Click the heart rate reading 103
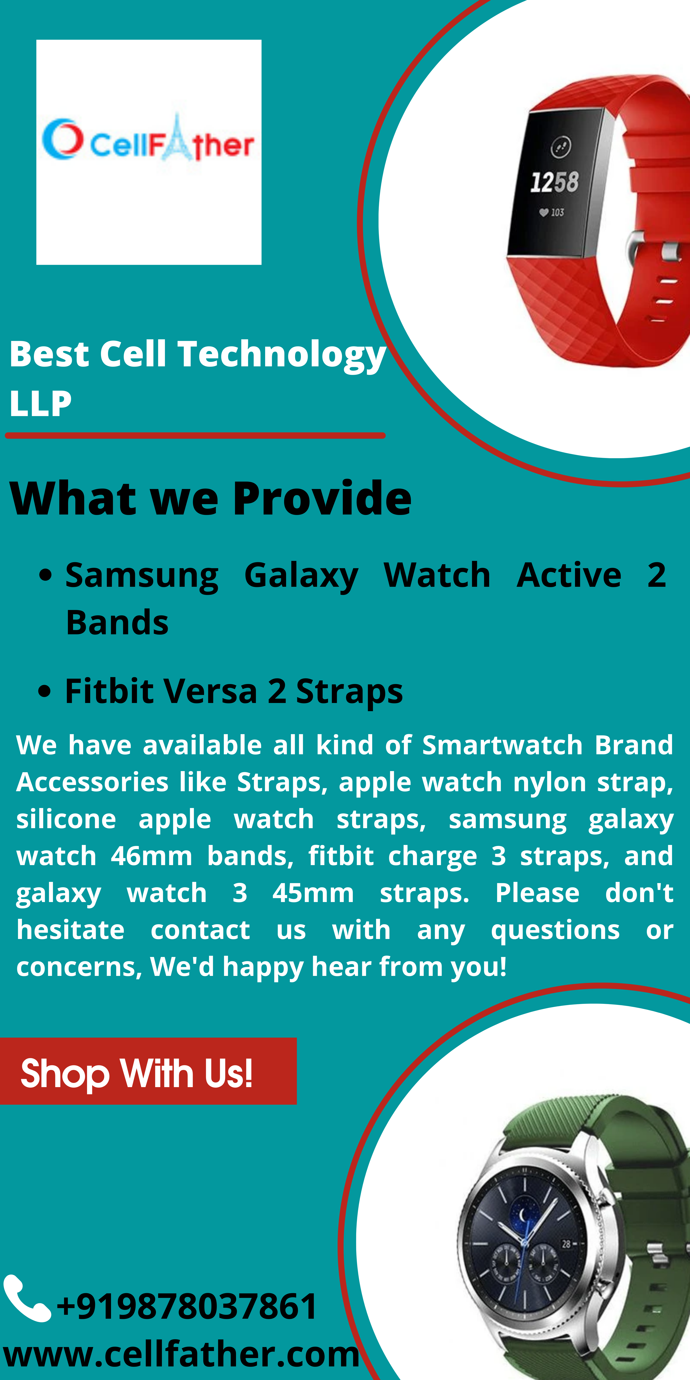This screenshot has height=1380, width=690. click(552, 213)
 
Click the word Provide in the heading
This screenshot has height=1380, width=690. click(322, 498)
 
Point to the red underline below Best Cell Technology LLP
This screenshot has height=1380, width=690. click(195, 435)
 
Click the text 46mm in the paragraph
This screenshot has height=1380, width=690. click(152, 856)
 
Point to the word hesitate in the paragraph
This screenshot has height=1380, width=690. click(71, 930)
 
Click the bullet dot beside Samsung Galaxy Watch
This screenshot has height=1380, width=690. click(46, 575)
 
